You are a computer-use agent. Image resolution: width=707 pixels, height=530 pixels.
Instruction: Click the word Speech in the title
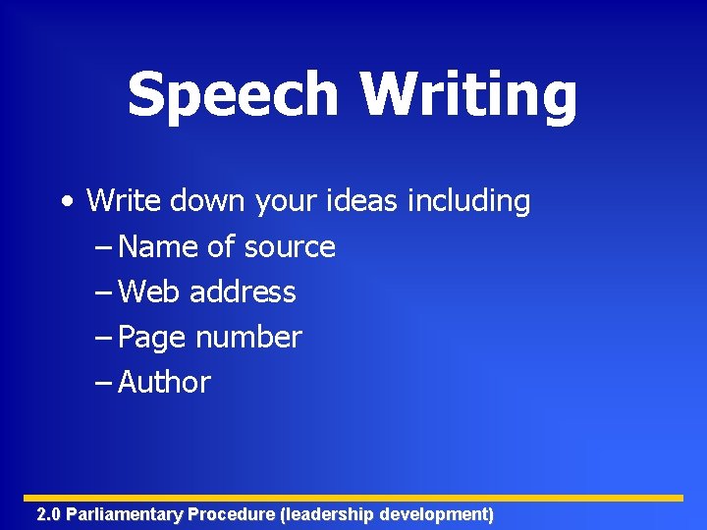[x=232, y=96]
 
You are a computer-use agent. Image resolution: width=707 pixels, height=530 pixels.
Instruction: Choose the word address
[x=243, y=291]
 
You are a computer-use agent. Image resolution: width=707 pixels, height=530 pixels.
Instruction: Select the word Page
[x=152, y=338]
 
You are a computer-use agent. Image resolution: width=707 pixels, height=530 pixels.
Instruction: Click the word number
[x=248, y=337]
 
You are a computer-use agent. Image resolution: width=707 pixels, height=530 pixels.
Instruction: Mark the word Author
[x=164, y=382]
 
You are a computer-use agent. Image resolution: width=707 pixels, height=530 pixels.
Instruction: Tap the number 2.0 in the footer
[x=48, y=514]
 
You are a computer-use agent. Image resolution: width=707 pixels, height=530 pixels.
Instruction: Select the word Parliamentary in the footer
[x=125, y=514]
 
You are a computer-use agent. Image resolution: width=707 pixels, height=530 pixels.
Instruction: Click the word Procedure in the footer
[x=232, y=514]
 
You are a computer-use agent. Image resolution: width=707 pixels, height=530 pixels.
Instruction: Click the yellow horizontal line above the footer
[x=353, y=498]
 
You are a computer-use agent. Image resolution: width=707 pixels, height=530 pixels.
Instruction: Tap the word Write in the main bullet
[x=124, y=201]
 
